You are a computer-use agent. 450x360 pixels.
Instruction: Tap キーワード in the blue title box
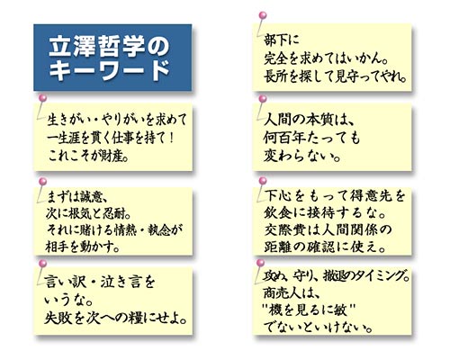(109, 70)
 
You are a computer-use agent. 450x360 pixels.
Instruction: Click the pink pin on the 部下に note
(263, 15)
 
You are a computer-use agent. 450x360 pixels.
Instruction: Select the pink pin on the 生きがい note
(43, 98)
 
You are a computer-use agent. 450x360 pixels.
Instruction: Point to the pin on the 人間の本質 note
(263, 99)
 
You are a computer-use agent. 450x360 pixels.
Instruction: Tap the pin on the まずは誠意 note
(43, 181)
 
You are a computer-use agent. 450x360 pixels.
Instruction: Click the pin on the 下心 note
(263, 180)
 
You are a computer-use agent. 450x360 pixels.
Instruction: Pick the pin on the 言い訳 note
(43, 263)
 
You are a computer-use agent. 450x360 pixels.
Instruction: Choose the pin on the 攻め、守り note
(261, 263)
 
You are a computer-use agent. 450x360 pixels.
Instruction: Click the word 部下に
(282, 40)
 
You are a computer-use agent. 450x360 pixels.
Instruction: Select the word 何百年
(289, 139)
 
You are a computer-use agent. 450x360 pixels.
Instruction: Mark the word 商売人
(283, 292)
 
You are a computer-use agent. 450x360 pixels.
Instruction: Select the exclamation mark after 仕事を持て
(171, 138)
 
